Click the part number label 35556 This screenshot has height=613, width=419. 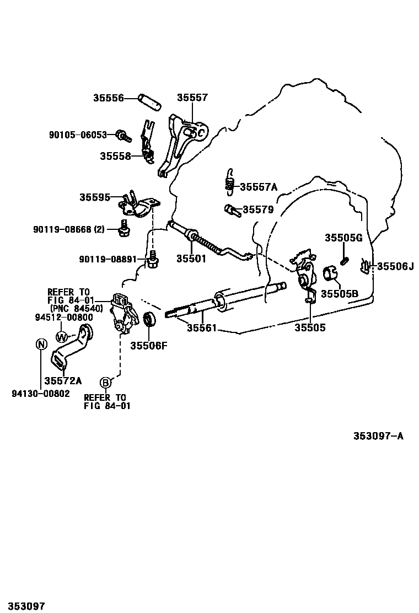tap(108, 98)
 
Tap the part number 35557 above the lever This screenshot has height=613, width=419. tap(192, 98)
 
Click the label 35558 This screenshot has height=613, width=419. tap(115, 156)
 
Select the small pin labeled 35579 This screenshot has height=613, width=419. tap(230, 209)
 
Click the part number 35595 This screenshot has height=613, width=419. tap(94, 197)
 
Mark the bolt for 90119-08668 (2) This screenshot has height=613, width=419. tap(123, 228)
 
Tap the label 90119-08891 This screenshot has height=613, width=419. tap(107, 259)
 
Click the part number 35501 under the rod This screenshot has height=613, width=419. tap(191, 259)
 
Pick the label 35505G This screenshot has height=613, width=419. tap(343, 238)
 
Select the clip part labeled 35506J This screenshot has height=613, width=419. tap(365, 266)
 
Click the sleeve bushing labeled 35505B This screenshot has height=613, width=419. tap(330, 273)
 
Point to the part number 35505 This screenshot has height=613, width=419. tap(309, 327)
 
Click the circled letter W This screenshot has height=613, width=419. tap(62, 336)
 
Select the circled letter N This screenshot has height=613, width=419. tap(40, 344)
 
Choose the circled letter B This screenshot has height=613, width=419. tap(105, 382)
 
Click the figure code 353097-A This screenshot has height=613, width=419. tap(378, 436)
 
